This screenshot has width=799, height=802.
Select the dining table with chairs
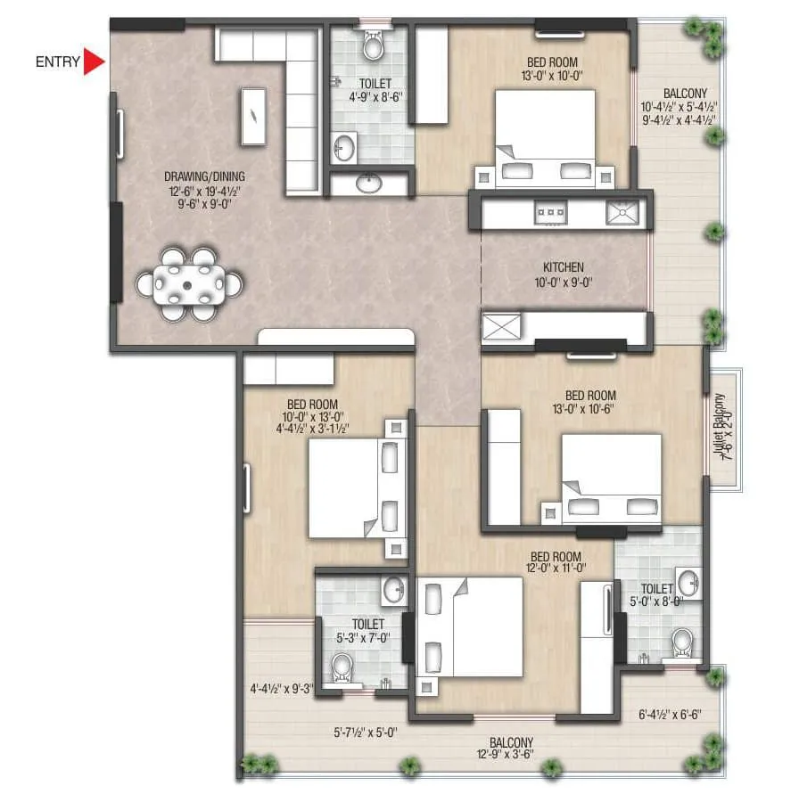[188, 285]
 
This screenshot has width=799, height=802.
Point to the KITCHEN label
[564, 267]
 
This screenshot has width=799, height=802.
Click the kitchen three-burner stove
[550, 212]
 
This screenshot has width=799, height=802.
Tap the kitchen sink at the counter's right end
[622, 212]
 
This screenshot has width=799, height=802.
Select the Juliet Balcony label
[724, 428]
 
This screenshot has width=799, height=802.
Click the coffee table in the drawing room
[253, 116]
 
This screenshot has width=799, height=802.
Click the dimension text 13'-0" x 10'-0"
[553, 76]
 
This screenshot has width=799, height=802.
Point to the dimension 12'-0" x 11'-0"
[553, 568]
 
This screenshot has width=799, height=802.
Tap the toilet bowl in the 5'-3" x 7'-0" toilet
[342, 667]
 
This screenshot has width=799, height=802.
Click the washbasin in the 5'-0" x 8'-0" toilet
[688, 583]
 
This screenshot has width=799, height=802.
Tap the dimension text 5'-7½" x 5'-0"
[365, 732]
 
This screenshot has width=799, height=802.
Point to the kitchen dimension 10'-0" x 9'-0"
[564, 282]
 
